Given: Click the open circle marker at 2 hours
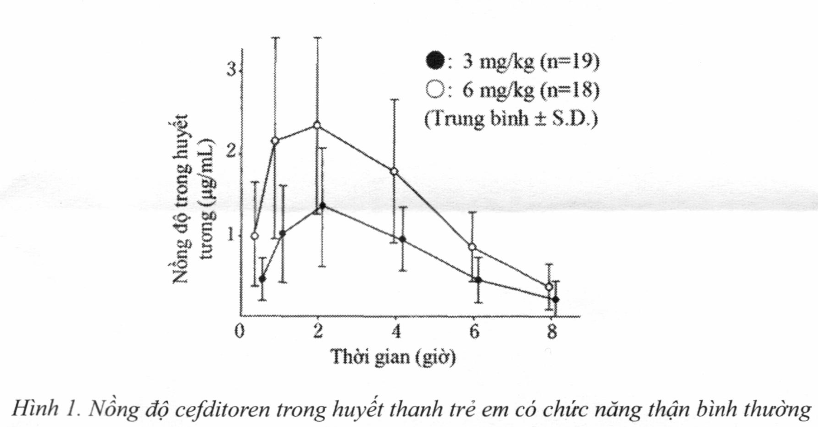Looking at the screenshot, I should [317, 125].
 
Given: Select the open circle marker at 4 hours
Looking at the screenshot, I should [394, 171].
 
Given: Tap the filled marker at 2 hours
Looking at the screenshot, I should [322, 206].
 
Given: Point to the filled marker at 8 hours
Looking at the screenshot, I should [556, 299].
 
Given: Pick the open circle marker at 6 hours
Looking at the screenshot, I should [473, 247].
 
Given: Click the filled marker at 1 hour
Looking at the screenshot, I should [282, 233].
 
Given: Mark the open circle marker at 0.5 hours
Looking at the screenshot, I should [254, 236].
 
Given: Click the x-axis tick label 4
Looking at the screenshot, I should [396, 332].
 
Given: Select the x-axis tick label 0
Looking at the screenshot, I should [240, 332].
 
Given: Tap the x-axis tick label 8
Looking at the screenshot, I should [552, 332].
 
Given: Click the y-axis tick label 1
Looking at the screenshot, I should [231, 235].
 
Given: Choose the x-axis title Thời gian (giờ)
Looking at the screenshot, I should [393, 357].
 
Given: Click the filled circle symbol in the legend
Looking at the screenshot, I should [434, 61].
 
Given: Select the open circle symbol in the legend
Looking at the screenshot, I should [434, 89].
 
